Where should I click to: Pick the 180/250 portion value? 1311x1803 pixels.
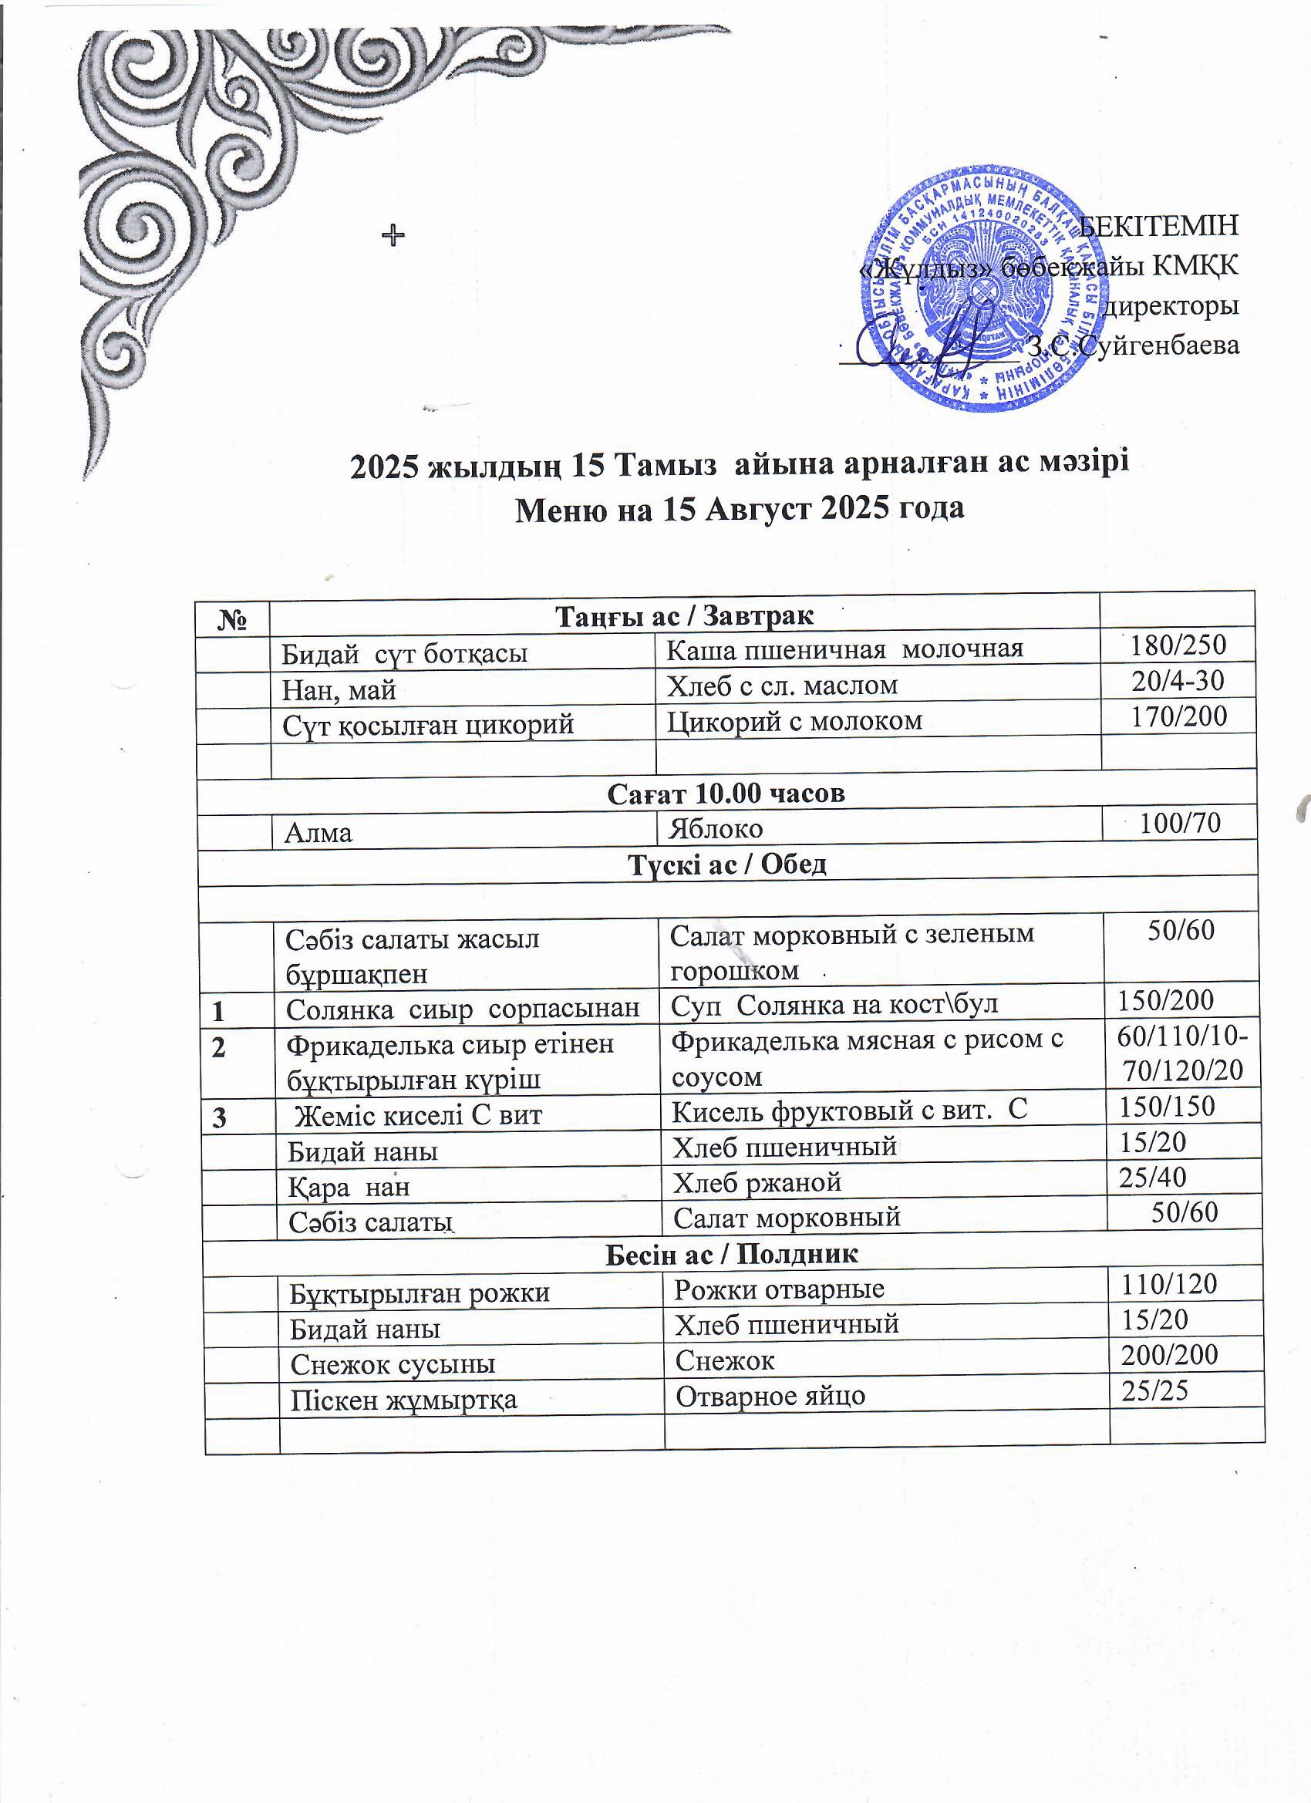tap(1178, 645)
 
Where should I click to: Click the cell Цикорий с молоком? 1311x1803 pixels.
tap(794, 720)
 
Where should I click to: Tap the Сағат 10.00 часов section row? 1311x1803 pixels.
tap(725, 794)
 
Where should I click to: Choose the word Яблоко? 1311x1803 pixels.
tap(716, 829)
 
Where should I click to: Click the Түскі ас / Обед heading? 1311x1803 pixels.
tap(727, 864)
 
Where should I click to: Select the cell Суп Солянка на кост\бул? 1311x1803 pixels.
tap(834, 1006)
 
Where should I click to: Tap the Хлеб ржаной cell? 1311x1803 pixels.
tap(757, 1182)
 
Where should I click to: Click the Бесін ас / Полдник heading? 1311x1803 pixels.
tap(731, 1255)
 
